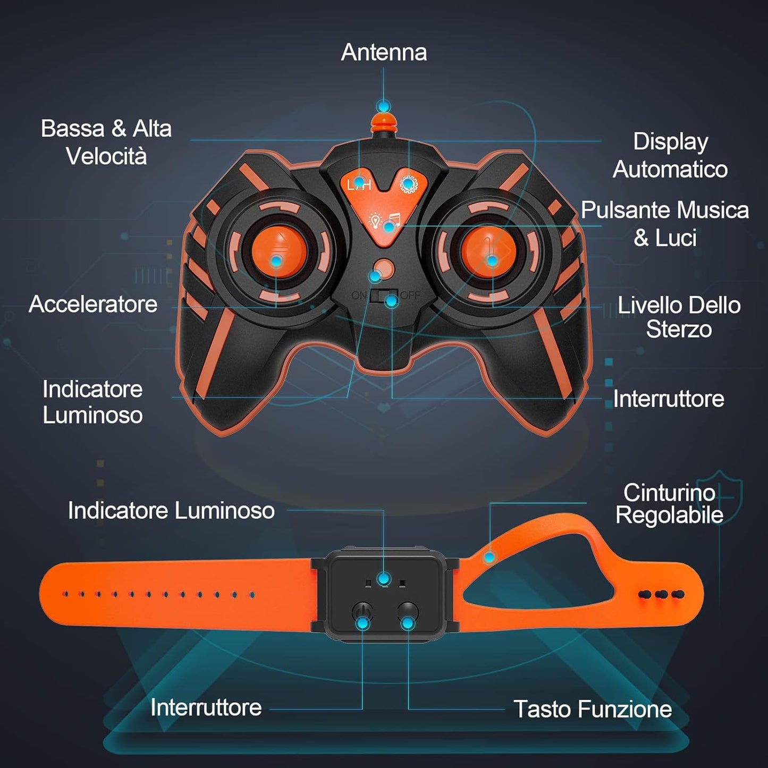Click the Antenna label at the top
(x=384, y=53)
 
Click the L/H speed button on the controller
(x=359, y=184)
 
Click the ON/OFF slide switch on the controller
(x=385, y=296)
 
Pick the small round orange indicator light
(x=383, y=269)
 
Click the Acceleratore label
(x=93, y=305)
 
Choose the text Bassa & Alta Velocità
(x=106, y=142)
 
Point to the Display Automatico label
(x=670, y=155)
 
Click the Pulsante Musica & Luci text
(x=664, y=224)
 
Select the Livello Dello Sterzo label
(x=679, y=317)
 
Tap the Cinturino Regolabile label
(x=669, y=503)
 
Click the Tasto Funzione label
(x=593, y=709)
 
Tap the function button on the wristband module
(x=408, y=613)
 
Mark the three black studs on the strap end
(x=662, y=594)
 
